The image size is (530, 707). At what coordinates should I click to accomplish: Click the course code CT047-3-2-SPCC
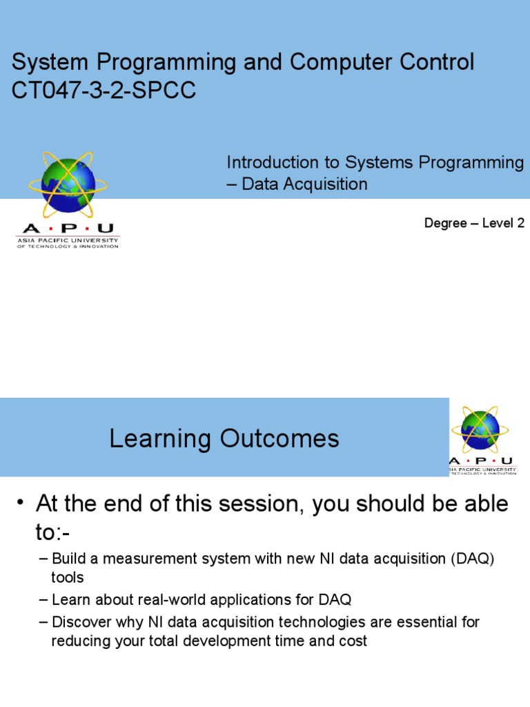point(104,91)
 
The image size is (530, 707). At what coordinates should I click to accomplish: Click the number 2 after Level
point(520,223)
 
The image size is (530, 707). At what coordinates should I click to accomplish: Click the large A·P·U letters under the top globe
point(68,229)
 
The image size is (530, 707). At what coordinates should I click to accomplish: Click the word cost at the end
point(354,641)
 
